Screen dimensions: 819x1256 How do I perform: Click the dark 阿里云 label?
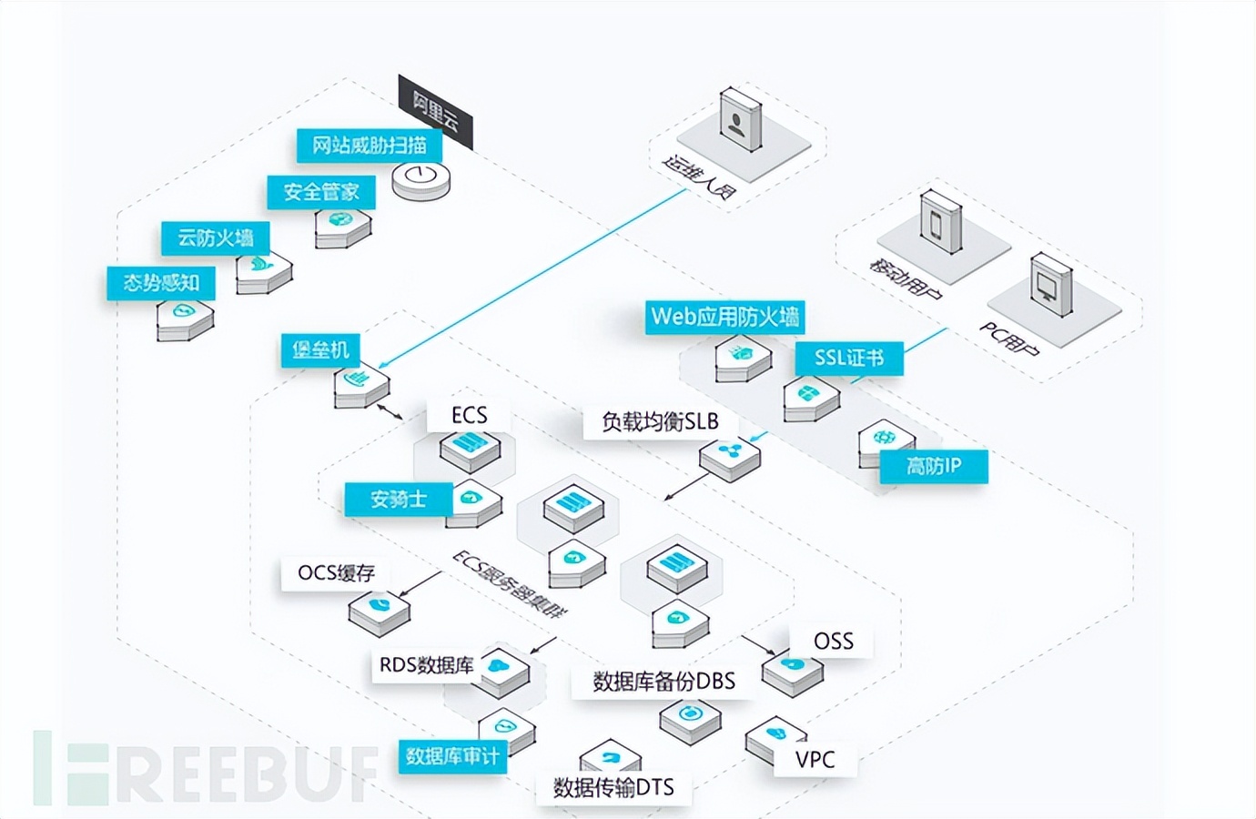[x=436, y=112]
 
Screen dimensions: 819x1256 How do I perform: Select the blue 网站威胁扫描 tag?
[x=369, y=145]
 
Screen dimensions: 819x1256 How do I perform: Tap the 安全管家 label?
[x=321, y=192]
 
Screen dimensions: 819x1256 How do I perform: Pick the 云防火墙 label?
[x=215, y=238]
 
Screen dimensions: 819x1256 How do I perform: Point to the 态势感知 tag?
[x=161, y=283]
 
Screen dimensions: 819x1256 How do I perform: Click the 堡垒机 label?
[x=320, y=349]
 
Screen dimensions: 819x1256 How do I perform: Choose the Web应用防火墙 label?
[x=724, y=317]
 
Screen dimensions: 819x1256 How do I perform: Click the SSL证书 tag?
[x=848, y=358]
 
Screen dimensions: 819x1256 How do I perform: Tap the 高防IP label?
[x=933, y=467]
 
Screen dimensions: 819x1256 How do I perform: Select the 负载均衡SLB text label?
[x=660, y=421]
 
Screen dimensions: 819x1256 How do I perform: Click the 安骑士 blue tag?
[x=398, y=499]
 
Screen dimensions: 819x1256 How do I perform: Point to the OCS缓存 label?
[x=336, y=573]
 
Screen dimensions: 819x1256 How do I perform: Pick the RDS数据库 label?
[x=426, y=665]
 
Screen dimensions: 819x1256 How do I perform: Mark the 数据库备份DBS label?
[x=663, y=681]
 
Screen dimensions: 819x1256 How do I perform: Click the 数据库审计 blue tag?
[x=452, y=756]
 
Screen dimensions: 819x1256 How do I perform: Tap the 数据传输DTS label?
[x=613, y=787]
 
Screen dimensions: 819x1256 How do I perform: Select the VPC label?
[x=815, y=759]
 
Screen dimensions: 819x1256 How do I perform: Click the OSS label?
[x=833, y=641]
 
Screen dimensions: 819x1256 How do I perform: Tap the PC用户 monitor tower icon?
[x=1050, y=285]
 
